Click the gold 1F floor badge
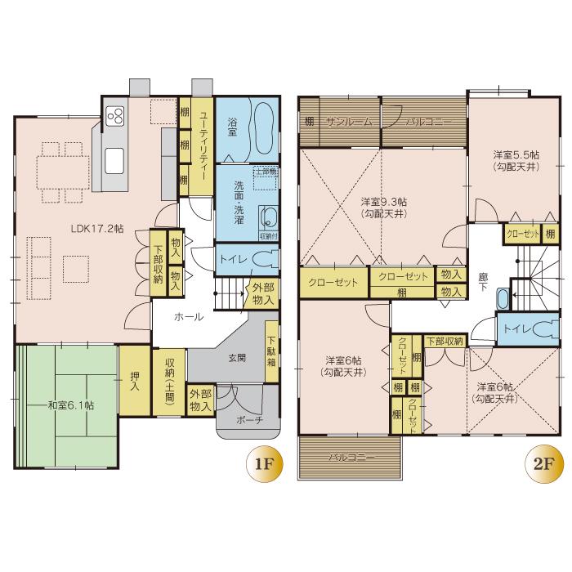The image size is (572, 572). [x=263, y=467]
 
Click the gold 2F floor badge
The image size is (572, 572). [x=542, y=467]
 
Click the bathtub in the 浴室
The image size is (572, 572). [x=262, y=129]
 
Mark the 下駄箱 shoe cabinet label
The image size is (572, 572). [x=270, y=346]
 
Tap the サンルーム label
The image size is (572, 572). [x=349, y=121]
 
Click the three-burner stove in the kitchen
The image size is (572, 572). [x=114, y=115]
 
